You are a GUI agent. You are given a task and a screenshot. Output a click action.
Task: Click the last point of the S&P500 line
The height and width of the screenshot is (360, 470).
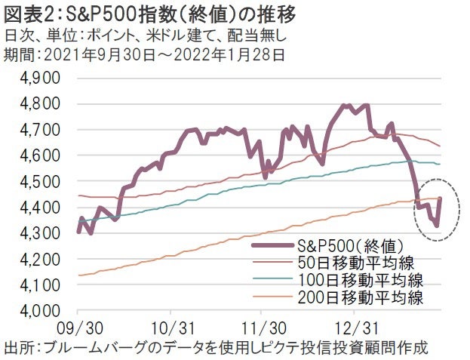point(440,198)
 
